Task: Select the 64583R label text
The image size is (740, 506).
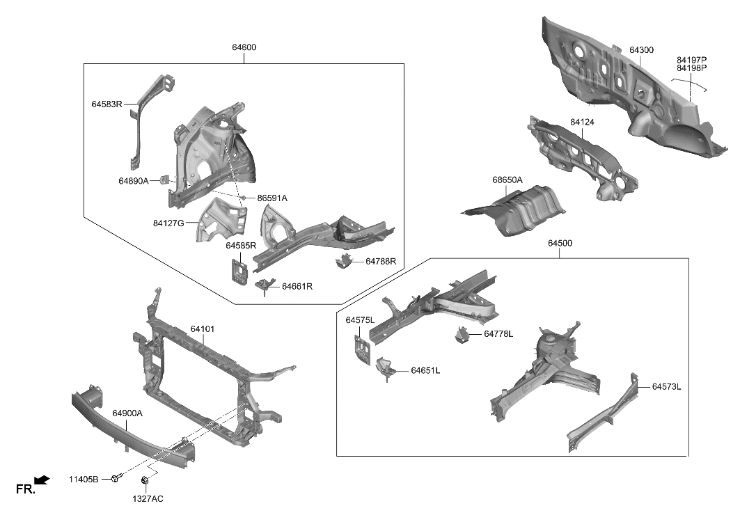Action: [x=107, y=104]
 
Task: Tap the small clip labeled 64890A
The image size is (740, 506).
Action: [x=166, y=180]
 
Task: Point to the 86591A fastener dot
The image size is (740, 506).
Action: [x=244, y=198]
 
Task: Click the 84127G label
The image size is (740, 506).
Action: [x=168, y=223]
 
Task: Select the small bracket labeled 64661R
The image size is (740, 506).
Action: [x=264, y=285]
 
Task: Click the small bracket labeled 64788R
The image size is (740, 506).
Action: [x=343, y=262]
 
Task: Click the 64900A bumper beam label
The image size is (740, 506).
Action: [x=127, y=413]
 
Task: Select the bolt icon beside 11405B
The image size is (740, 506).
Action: [x=116, y=479]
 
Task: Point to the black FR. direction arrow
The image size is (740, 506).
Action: [x=42, y=479]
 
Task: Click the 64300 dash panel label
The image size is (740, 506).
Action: [x=641, y=50]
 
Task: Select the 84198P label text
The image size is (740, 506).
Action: [x=691, y=68]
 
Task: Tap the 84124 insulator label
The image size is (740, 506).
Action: [x=582, y=122]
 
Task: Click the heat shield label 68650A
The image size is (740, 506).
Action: [x=507, y=180]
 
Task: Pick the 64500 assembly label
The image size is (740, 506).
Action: [x=560, y=244]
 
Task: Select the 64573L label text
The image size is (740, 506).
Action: [x=666, y=386]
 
